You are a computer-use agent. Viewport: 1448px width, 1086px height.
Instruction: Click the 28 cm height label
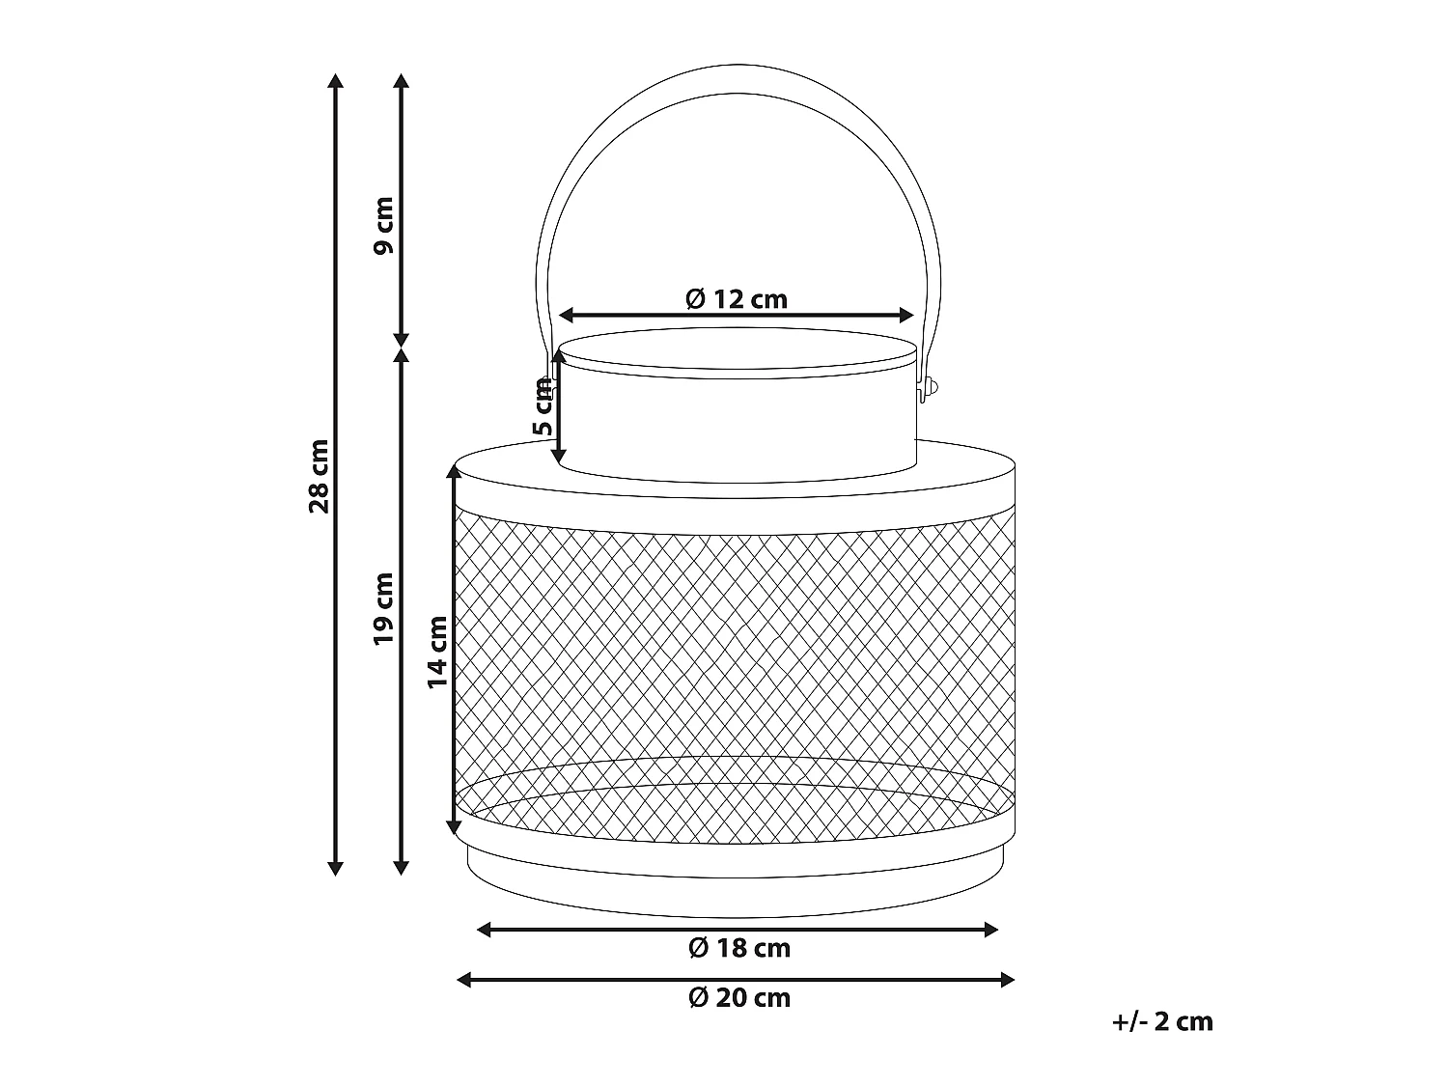[320, 476]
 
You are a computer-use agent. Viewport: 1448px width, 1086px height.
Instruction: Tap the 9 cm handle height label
[384, 225]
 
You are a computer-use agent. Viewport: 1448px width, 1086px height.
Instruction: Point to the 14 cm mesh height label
[438, 652]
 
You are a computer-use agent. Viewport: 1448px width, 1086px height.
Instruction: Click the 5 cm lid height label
[543, 405]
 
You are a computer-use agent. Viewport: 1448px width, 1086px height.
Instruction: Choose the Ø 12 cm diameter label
[737, 299]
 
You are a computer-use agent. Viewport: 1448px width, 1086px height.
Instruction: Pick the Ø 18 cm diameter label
[739, 948]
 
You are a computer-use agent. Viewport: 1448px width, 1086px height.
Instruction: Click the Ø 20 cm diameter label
[739, 997]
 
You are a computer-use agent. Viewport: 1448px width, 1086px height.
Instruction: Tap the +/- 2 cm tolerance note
[1161, 1021]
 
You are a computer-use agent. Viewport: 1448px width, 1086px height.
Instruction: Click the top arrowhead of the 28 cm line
[336, 80]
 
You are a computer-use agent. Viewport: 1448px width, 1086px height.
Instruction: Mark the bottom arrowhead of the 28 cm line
[336, 868]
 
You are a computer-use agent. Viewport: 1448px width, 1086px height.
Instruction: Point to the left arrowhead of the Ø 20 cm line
[464, 980]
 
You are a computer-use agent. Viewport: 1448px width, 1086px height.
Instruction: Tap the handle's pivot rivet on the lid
[930, 388]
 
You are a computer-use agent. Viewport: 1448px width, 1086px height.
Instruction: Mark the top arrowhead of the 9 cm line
[402, 80]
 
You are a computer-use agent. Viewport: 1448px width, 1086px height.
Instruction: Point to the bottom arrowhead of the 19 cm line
[402, 868]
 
